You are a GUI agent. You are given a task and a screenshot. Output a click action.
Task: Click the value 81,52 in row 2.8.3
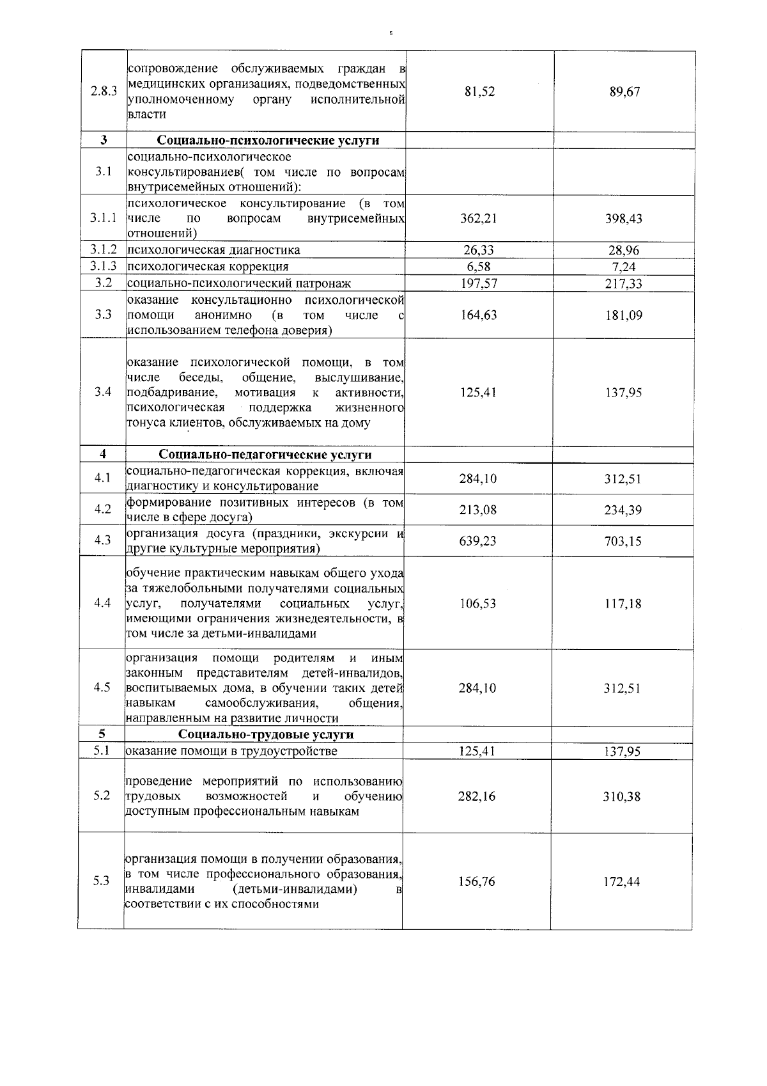click(479, 91)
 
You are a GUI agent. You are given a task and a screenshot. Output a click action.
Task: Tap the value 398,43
click(624, 219)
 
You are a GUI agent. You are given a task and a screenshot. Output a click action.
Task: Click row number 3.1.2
click(103, 249)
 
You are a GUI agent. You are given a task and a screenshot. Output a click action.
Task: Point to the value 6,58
click(479, 267)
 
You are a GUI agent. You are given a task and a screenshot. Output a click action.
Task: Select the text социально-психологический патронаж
click(239, 283)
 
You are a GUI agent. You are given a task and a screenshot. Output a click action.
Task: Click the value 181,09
click(624, 315)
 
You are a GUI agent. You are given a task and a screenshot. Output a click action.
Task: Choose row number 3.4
click(103, 392)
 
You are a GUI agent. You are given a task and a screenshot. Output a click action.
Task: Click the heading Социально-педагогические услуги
click(265, 455)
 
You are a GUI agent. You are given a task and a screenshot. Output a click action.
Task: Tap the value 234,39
click(623, 510)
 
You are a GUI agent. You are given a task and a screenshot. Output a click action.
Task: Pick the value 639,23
click(478, 541)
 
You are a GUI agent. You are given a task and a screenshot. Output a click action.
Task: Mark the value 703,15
click(623, 541)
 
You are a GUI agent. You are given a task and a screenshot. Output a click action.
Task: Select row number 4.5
click(102, 688)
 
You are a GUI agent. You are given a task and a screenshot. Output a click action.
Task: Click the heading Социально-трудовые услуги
click(265, 734)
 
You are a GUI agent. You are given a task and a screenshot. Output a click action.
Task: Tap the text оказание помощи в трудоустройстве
click(231, 751)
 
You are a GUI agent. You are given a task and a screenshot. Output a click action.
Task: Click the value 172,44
click(622, 881)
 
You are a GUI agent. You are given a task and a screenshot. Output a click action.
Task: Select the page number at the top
click(391, 33)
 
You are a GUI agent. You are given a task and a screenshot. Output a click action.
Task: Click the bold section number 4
click(103, 454)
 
